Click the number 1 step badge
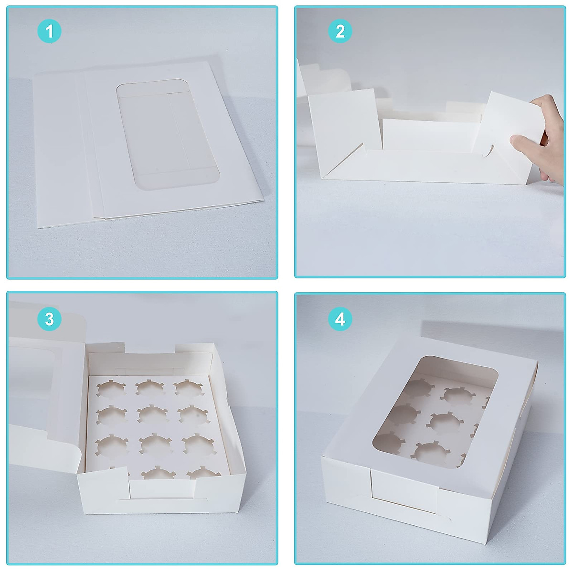pyautogui.click(x=49, y=32)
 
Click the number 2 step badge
pyautogui.click(x=340, y=32)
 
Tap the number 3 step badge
pyautogui.click(x=49, y=319)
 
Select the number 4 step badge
pyautogui.click(x=340, y=319)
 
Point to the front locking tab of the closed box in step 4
pyautogui.click(x=403, y=492)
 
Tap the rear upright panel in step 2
pyautogui.click(x=430, y=136)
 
